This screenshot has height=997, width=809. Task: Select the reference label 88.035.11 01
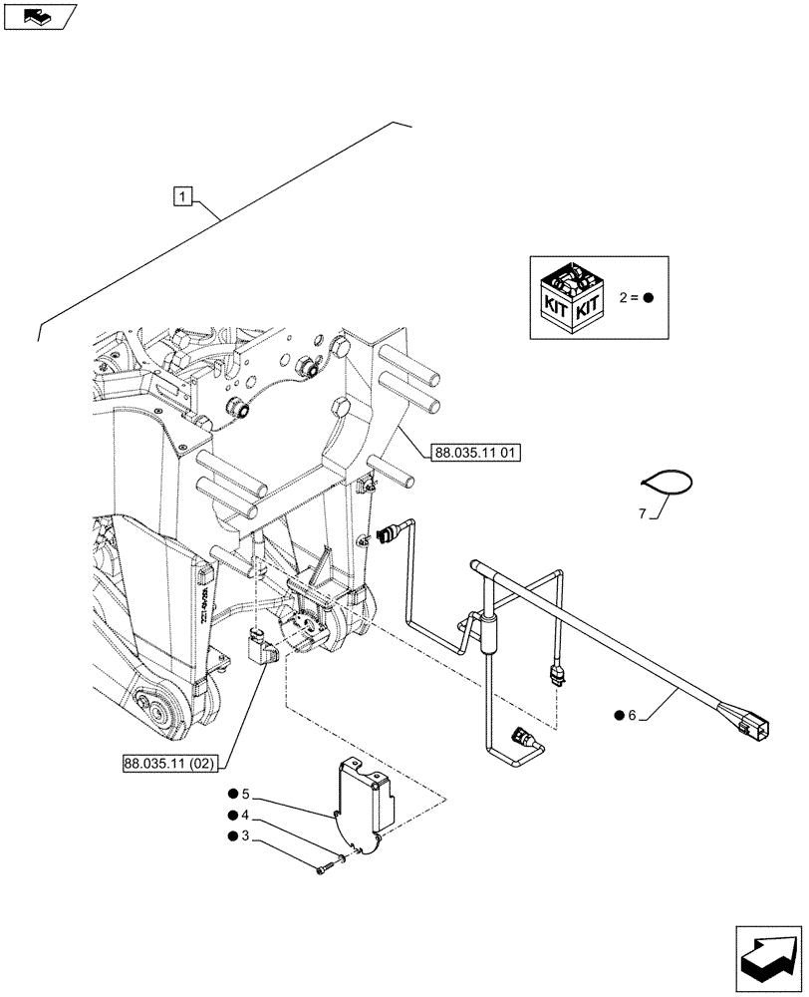coord(477,452)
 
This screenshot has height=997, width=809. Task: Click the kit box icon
coord(572,298)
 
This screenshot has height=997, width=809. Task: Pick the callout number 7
coord(644,513)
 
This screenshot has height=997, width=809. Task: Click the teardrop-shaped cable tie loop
coord(668,482)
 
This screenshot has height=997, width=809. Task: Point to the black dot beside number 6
coord(619,715)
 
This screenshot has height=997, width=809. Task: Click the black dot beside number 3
coord(231,835)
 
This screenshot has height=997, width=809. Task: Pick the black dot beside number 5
coord(231,795)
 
